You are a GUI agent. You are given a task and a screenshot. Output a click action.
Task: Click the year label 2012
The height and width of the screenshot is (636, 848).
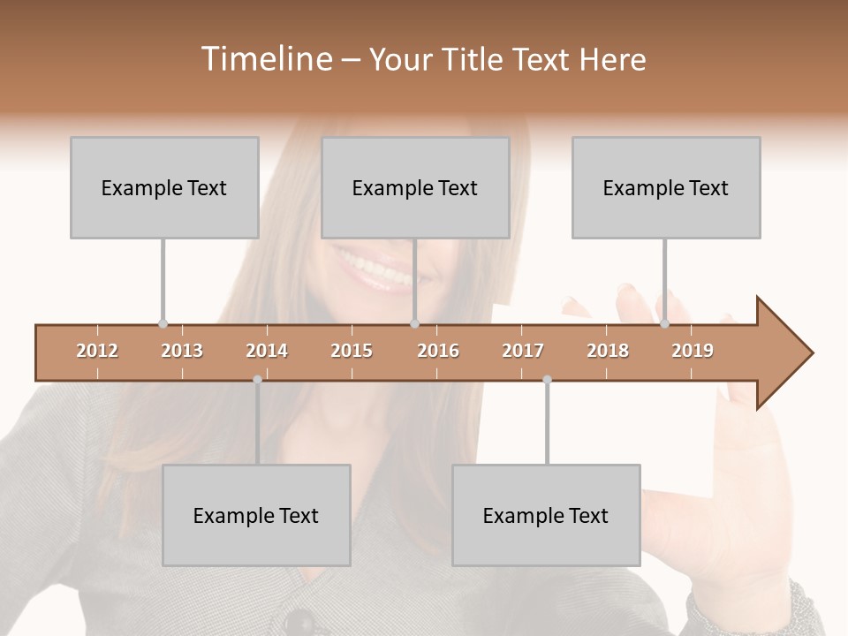[97, 351]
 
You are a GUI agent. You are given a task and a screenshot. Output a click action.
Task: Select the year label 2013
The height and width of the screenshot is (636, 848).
[182, 351]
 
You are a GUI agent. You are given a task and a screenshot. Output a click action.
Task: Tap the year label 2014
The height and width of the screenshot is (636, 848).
[267, 351]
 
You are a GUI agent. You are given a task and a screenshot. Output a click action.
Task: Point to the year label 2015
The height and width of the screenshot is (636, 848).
[352, 351]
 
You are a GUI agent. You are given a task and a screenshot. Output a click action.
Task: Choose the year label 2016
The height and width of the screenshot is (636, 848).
[438, 351]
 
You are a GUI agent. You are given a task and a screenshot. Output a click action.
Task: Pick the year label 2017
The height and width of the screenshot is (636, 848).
[523, 351]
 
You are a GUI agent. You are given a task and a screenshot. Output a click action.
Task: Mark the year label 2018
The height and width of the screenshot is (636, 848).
[608, 351]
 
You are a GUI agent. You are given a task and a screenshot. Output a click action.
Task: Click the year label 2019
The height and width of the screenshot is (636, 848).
[693, 351]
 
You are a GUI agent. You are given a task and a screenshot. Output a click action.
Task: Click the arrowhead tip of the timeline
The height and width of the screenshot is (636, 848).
[811, 353]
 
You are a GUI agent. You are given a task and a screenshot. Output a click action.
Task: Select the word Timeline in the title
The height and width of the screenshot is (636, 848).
[266, 59]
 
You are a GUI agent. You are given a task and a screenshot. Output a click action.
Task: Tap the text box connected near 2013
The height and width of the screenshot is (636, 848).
[164, 187]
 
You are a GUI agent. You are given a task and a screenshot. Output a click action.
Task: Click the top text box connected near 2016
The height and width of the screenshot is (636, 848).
[415, 187]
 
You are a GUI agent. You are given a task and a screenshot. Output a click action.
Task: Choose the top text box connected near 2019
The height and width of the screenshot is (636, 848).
[666, 187]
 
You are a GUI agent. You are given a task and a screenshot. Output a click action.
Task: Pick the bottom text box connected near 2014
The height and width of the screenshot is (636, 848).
[256, 515]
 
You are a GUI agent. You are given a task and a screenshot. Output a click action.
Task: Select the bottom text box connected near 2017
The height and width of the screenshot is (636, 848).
[546, 515]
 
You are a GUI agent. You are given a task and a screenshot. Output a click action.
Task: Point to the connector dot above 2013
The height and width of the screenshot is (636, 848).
[163, 324]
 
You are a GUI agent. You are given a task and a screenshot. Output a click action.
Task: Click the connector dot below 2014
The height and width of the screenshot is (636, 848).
[257, 380]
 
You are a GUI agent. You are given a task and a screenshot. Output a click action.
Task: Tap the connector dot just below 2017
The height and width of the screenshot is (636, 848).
[547, 380]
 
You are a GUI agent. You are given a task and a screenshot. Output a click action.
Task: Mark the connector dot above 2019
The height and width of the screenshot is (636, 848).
[664, 324]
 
